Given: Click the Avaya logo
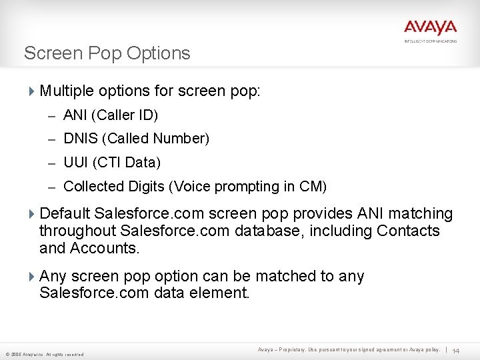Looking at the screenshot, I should pos(430,29).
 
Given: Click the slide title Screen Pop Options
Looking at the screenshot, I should pos(107,53).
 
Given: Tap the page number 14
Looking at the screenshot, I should pos(457,351).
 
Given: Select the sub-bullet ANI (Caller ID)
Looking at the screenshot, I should pos(111,115).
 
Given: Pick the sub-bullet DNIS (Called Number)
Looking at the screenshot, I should pos(136,139).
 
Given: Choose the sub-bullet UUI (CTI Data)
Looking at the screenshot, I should pos(112,163).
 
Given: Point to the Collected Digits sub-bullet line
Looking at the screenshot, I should pos(195,187).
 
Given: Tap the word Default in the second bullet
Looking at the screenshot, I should pos(65,214).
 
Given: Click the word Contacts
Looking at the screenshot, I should pos(408,231).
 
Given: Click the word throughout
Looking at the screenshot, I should pos(78,231).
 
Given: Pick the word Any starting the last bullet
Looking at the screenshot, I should pos(53,276).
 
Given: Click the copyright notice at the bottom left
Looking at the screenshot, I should pos(44,354).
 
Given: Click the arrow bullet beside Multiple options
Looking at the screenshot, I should pos(33,91).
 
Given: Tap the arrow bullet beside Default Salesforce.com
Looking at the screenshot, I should pos(33,214).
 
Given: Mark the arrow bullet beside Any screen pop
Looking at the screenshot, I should pos(33,276).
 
